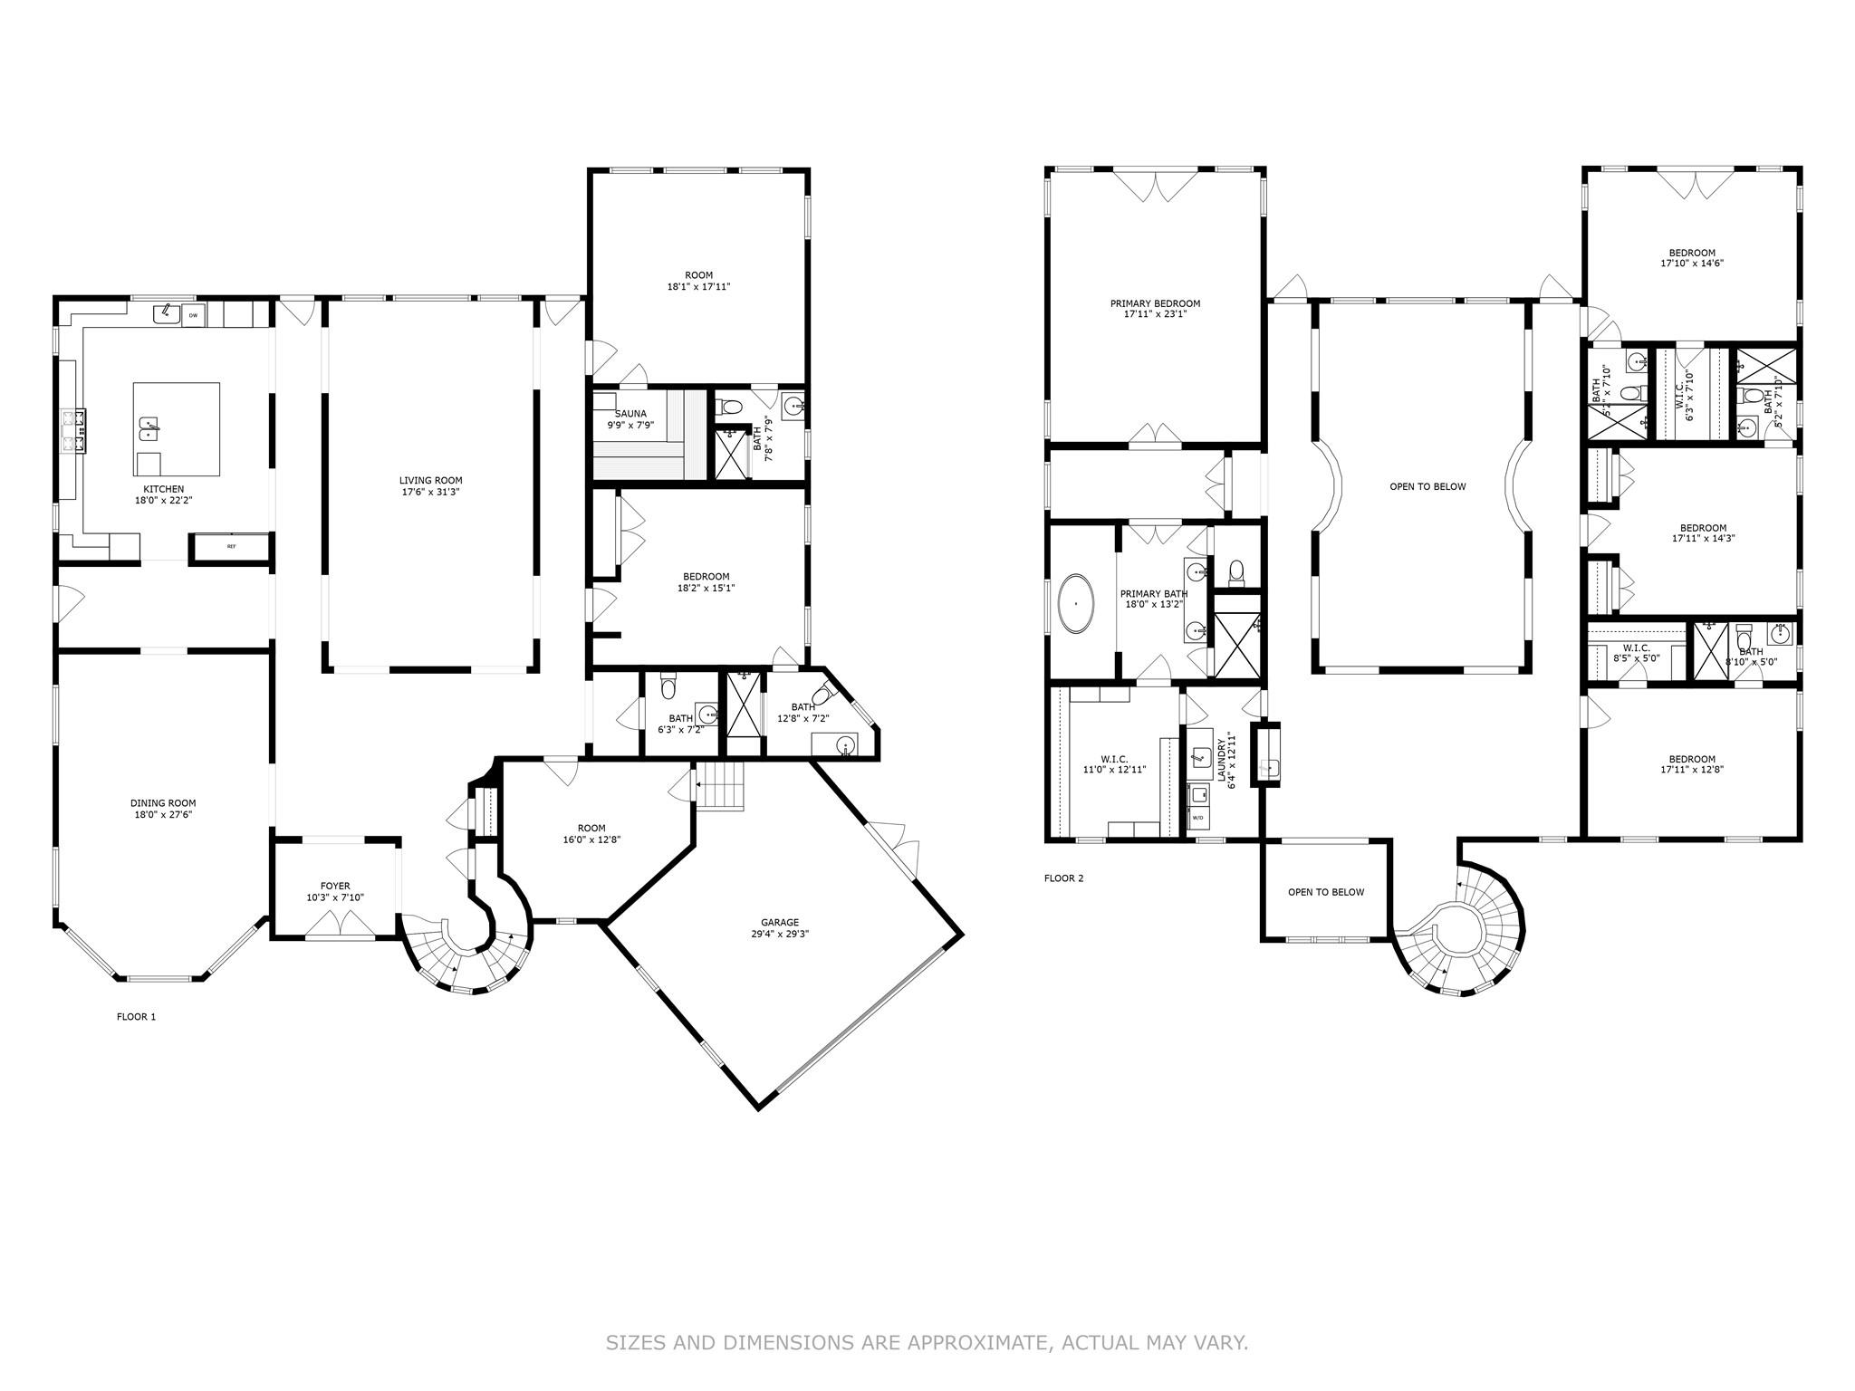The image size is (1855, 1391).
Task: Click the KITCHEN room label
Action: pyautogui.click(x=164, y=489)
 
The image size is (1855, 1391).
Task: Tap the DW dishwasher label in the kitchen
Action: pyautogui.click(x=193, y=315)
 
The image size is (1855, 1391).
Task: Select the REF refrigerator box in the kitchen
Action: pyautogui.click(x=230, y=547)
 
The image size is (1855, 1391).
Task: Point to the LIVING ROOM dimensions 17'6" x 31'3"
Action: pyautogui.click(x=431, y=492)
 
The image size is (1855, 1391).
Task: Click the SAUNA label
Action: pyautogui.click(x=630, y=414)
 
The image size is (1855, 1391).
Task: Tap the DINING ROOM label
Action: pyautogui.click(x=163, y=802)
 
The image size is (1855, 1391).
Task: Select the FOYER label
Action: pyautogui.click(x=335, y=886)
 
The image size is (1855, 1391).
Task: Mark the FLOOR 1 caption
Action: pyautogui.click(x=136, y=1017)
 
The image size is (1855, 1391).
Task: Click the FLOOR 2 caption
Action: pyautogui.click(x=1063, y=878)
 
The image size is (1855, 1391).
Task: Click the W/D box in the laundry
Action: pyautogui.click(x=1197, y=818)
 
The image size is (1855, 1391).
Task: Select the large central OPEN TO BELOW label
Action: pyautogui.click(x=1427, y=486)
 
